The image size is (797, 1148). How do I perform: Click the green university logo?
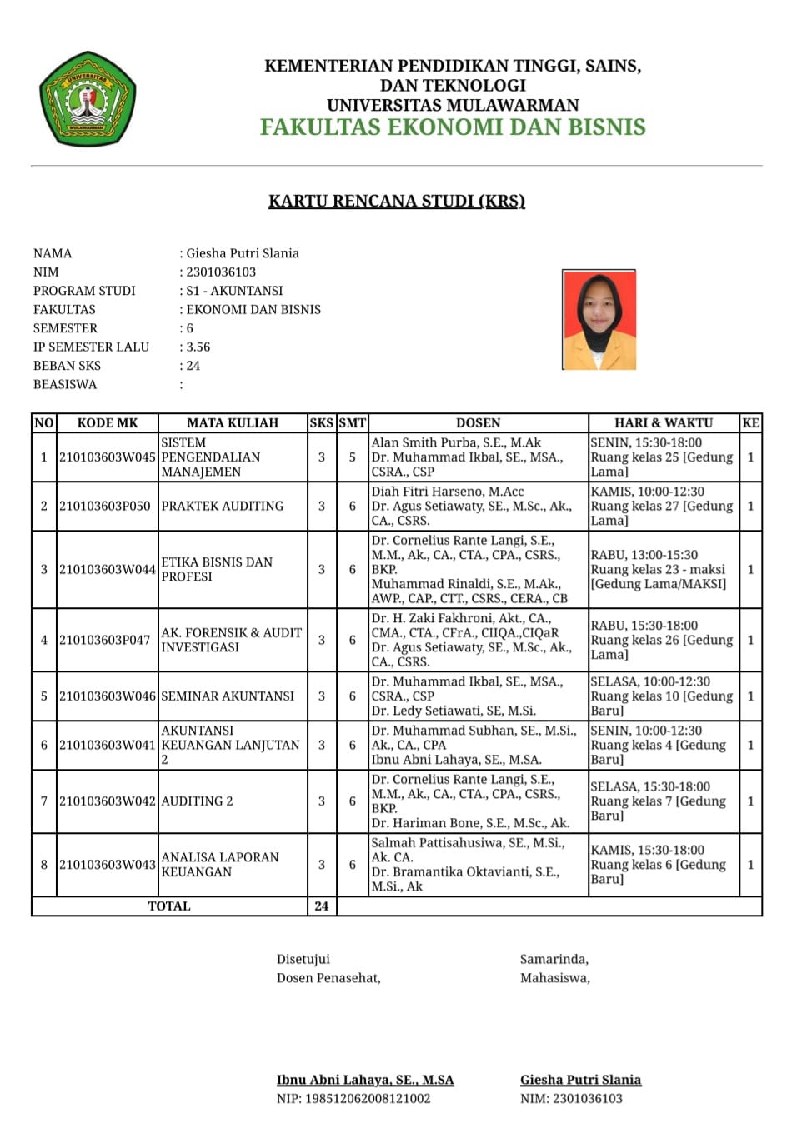(x=87, y=100)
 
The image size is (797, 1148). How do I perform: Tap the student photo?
(x=599, y=319)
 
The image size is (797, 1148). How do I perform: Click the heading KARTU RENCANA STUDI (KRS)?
(x=397, y=201)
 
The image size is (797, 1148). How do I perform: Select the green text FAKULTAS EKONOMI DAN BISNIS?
(x=453, y=127)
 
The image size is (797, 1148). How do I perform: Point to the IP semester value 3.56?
(x=198, y=347)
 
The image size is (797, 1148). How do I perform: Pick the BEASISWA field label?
(x=65, y=384)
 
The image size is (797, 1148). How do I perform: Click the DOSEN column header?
(x=479, y=422)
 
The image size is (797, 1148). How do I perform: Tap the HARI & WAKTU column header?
(x=664, y=422)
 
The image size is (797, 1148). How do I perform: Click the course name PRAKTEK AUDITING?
(x=223, y=506)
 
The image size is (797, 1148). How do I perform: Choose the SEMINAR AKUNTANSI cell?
(x=228, y=696)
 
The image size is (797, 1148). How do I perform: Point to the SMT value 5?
(x=353, y=457)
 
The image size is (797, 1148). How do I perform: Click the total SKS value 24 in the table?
(x=322, y=906)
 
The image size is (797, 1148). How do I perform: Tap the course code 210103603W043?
(x=107, y=864)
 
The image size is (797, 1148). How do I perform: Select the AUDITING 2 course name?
(x=198, y=801)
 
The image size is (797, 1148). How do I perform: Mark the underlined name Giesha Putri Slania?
(x=580, y=1080)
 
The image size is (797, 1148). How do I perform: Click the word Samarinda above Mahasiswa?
(x=554, y=959)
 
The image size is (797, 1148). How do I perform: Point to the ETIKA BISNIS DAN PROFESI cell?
(x=217, y=569)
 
